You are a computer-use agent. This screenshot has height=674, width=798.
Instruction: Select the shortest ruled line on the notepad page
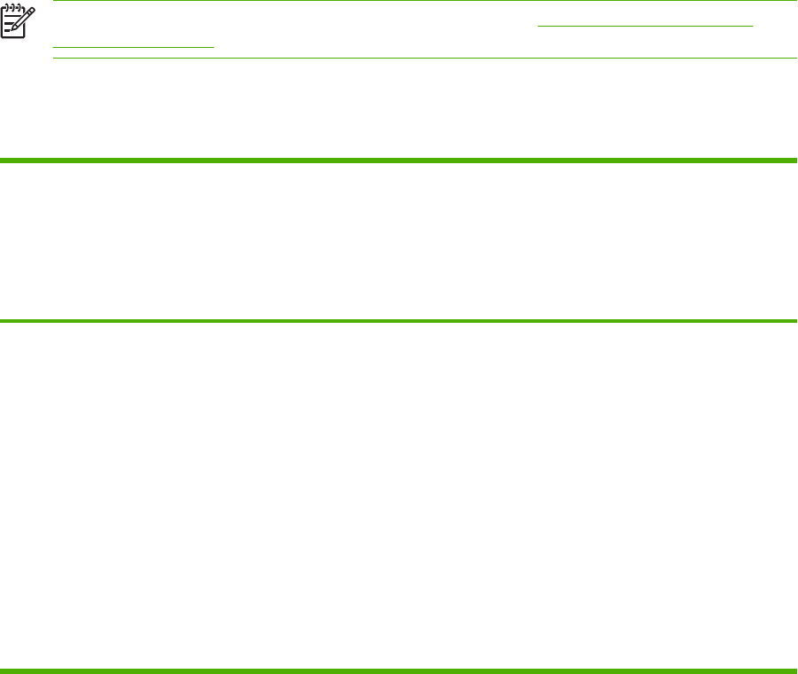pyautogui.click(x=7, y=30)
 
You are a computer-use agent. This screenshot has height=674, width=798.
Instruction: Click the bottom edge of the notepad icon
pyautogui.click(x=13, y=38)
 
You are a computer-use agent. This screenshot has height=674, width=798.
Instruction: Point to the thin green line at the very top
pyautogui.click(x=399, y=1)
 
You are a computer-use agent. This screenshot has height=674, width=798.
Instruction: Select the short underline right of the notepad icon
pyautogui.click(x=133, y=46)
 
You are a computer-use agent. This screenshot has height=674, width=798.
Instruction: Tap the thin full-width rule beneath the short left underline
pyautogui.click(x=426, y=59)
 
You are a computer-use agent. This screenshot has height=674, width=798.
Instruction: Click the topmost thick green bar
pyautogui.click(x=399, y=161)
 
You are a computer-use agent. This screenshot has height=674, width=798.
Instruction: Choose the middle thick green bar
pyautogui.click(x=399, y=320)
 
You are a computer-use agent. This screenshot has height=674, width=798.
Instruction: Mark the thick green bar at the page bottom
pyautogui.click(x=399, y=670)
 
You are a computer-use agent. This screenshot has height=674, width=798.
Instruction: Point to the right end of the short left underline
pyautogui.click(x=214, y=46)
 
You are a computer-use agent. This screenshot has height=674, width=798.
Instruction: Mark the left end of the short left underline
pyautogui.click(x=53, y=46)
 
